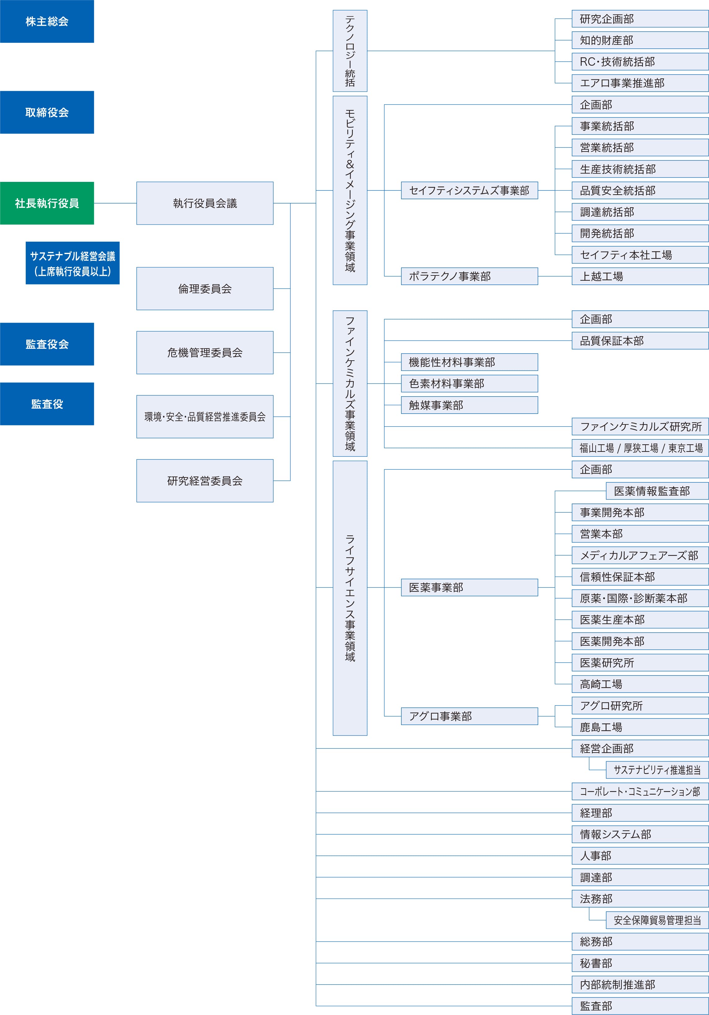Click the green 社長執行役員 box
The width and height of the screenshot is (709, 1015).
(47, 203)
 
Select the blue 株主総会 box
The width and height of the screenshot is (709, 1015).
(47, 21)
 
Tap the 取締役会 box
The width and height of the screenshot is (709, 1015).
(47, 112)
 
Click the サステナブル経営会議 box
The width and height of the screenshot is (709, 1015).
(72, 263)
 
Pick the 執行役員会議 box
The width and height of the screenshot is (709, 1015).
(205, 203)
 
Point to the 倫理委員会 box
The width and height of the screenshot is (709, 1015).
(205, 289)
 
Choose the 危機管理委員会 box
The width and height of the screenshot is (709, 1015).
(205, 353)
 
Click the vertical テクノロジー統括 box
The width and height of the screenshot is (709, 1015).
(350, 51)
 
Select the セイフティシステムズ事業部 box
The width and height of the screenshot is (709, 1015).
(470, 191)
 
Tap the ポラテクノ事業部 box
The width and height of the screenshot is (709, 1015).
(470, 276)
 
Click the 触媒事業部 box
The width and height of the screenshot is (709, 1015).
(470, 405)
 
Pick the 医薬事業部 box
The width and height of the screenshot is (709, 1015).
(470, 587)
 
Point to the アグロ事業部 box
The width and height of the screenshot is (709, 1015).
(470, 716)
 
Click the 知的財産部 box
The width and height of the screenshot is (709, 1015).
(640, 40)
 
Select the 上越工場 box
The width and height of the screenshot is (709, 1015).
(640, 276)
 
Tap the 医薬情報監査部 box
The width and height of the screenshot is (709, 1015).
(657, 491)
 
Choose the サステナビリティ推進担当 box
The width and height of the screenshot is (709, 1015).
(657, 770)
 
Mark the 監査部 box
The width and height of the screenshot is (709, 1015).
(640, 1006)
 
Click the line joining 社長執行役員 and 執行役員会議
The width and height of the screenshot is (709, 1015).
(115, 203)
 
